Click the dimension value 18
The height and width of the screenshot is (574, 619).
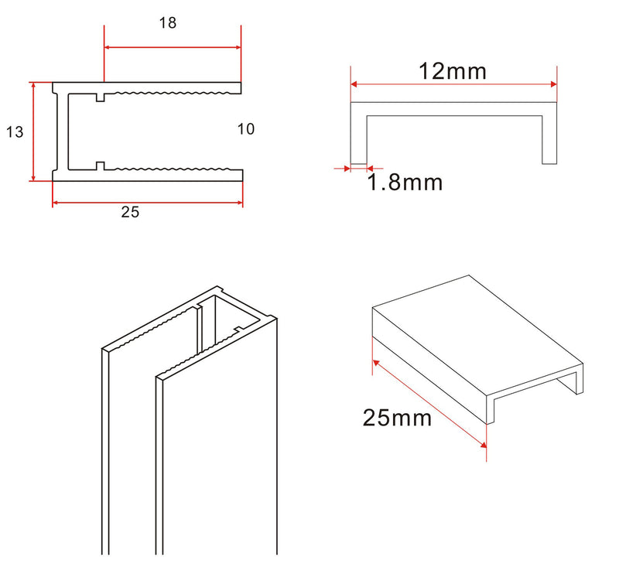coord(168,23)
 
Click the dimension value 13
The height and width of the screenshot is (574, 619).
coord(14,132)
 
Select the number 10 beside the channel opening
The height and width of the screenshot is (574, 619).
coord(245,129)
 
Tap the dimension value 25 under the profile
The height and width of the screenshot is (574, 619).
coord(130,213)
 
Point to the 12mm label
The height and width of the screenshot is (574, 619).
coord(453,71)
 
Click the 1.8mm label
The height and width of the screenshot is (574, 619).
coord(405,183)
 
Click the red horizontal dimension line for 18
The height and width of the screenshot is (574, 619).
coord(173,47)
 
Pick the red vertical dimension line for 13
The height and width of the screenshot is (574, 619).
coord(33,132)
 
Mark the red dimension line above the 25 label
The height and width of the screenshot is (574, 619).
coord(147,203)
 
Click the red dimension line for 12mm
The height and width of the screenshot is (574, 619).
coord(453,84)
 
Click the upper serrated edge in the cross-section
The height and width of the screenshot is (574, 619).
coord(170,94)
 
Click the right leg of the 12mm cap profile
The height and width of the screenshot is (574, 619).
coord(549,135)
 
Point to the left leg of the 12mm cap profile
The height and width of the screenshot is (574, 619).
coord(358,135)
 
